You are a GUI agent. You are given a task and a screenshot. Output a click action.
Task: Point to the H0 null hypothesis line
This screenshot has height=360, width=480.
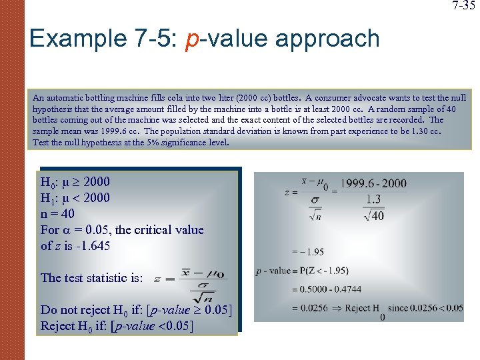pyautogui.click(x=75, y=182)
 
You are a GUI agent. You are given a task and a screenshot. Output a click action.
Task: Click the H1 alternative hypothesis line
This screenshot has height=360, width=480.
pyautogui.click(x=75, y=198)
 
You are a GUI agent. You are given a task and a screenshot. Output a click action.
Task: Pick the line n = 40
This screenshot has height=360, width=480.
pyautogui.click(x=57, y=214)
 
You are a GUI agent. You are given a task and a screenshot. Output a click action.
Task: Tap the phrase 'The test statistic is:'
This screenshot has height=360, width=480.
pyautogui.click(x=92, y=278)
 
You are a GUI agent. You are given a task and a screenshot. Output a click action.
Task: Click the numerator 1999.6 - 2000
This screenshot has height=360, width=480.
pyautogui.click(x=373, y=183)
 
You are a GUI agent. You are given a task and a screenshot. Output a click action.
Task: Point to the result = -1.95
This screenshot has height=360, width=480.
pyautogui.click(x=308, y=251)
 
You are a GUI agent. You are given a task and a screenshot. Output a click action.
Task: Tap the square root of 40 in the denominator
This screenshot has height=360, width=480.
pyautogui.click(x=374, y=215)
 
